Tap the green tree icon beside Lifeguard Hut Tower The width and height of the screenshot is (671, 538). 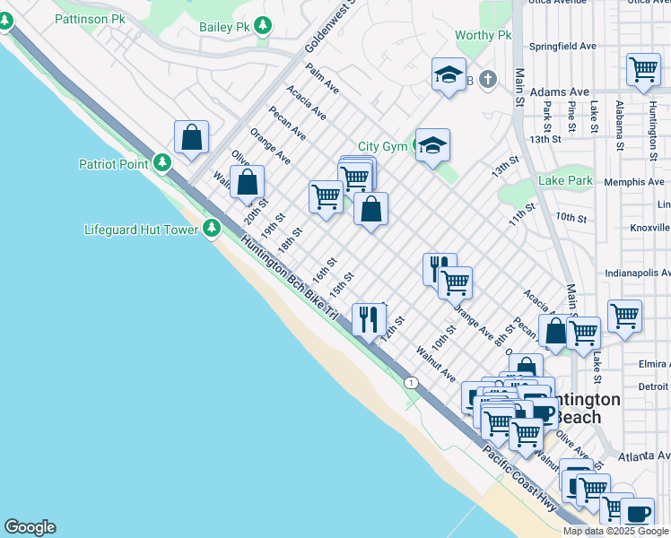(212, 229)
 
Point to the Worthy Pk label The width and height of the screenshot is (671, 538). (483, 36)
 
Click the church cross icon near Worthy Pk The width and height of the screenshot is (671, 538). (487, 80)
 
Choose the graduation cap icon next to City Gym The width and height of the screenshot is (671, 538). (432, 145)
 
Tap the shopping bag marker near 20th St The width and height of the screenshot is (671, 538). (248, 183)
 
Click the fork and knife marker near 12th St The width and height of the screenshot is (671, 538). (369, 318)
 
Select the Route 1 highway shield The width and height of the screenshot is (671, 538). (410, 383)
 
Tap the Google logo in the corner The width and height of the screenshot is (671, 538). (30, 527)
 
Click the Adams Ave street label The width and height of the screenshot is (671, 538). (559, 91)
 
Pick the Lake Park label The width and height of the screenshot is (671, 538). (565, 181)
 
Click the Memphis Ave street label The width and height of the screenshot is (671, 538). (635, 182)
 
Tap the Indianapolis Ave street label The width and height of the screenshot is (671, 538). (632, 272)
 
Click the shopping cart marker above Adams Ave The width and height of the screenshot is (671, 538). (643, 69)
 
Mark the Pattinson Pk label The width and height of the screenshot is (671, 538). (91, 18)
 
